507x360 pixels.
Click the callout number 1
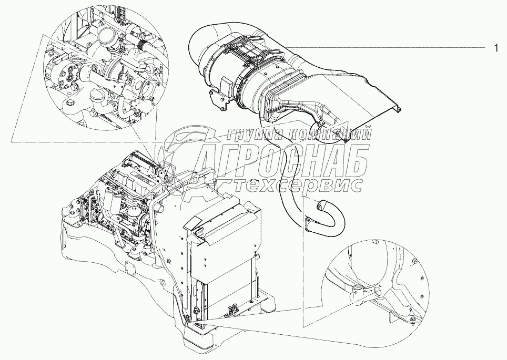[495, 48]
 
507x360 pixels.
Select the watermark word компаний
[329, 133]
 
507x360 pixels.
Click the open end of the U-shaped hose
[322, 205]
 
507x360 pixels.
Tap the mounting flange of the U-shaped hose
[308, 224]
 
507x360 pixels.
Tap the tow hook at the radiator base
[234, 312]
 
